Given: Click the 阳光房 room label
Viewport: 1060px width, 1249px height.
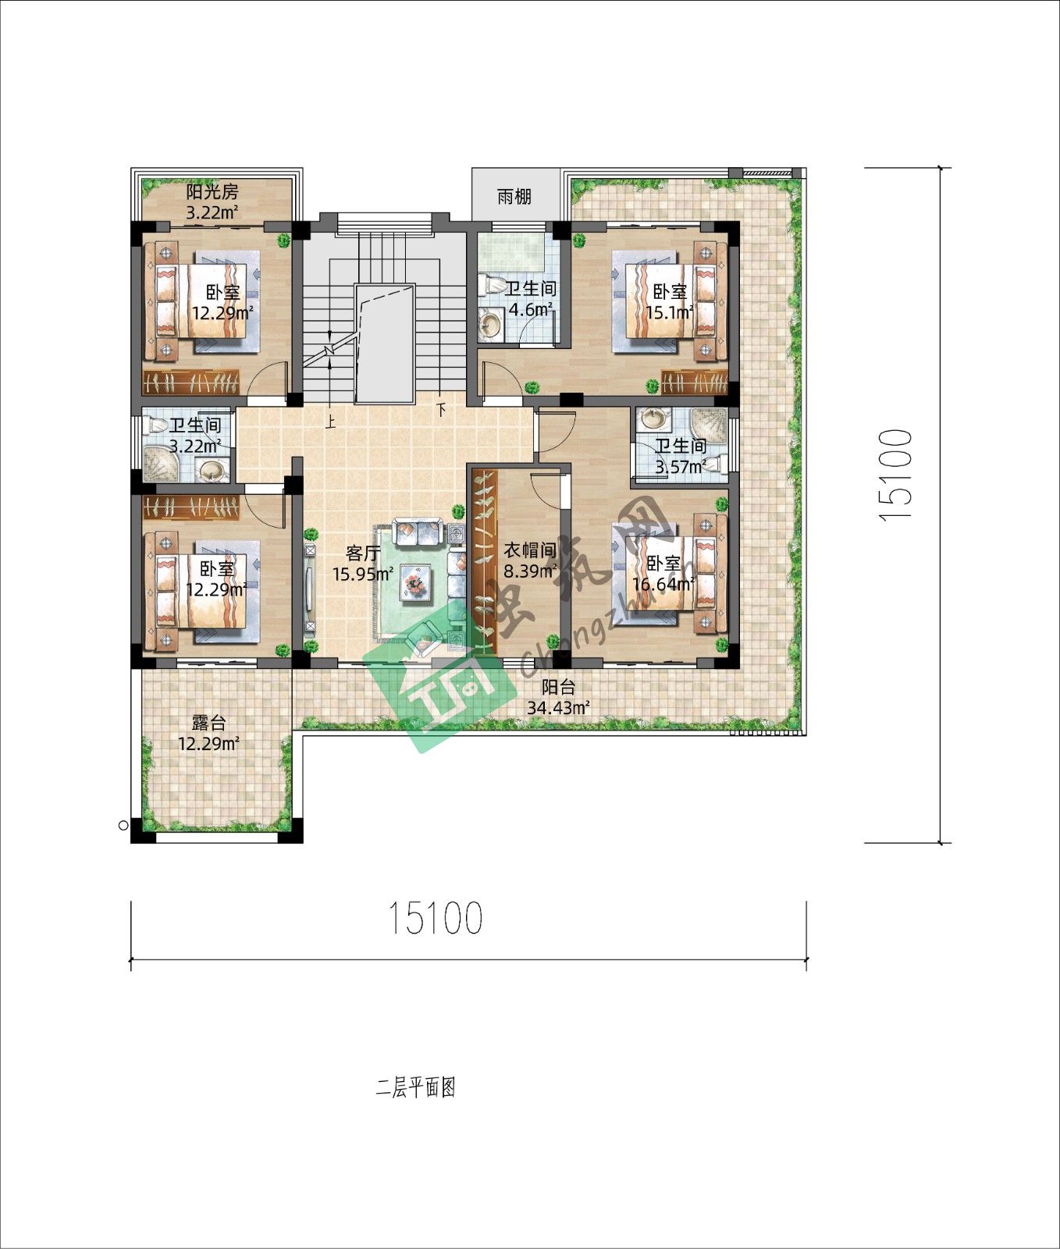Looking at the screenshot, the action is tap(212, 192).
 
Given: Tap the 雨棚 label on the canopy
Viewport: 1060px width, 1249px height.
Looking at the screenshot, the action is tap(514, 197).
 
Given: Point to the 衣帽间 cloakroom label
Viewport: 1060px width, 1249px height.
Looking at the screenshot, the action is tap(529, 550).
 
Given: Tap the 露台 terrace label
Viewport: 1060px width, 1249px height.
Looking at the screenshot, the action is tap(208, 723).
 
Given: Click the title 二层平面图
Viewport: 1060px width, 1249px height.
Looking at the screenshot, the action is tap(415, 1087).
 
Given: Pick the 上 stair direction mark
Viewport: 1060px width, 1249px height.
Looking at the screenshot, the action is tap(331, 422).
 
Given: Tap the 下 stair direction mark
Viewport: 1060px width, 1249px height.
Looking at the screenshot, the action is tap(441, 409).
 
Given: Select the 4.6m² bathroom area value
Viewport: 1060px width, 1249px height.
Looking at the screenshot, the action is tap(532, 309).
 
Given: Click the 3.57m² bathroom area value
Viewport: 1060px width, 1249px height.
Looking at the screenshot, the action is tap(681, 467).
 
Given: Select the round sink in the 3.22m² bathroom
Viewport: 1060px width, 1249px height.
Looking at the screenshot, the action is tap(212, 471).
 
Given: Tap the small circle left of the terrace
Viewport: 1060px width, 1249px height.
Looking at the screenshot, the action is tap(123, 824).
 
